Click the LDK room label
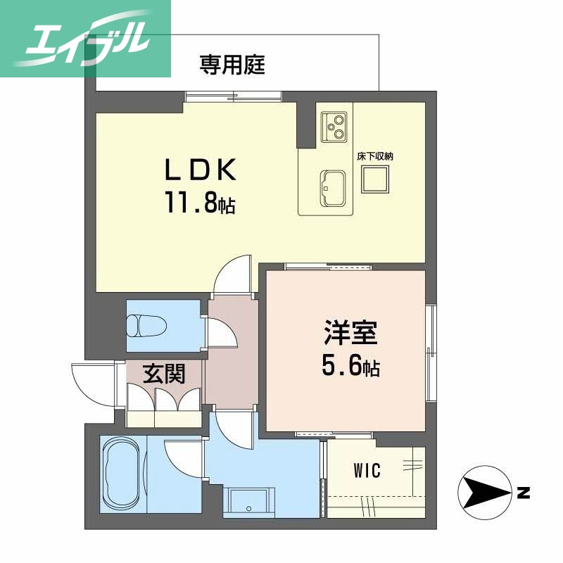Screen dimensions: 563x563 [199, 171]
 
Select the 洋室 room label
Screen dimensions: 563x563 [350, 333]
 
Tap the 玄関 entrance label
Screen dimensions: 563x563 [164, 374]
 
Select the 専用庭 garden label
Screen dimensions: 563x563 [232, 65]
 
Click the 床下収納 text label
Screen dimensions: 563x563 [374, 156]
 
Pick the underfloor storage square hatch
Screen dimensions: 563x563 [374, 182]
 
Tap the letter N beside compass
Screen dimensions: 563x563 [523, 493]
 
